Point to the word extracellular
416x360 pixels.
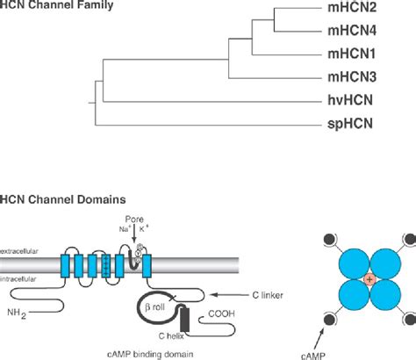[21, 251]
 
